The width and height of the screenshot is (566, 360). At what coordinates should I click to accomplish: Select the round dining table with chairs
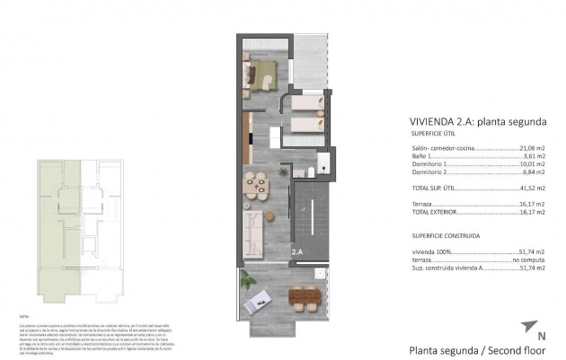pyautogui.click(x=256, y=185)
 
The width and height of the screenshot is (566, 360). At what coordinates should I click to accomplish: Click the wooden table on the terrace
pyautogui.click(x=301, y=296)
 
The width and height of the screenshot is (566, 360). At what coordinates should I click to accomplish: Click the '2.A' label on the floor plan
pyautogui.click(x=296, y=254)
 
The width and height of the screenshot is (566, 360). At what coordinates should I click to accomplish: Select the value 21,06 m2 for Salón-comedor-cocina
pyautogui.click(x=534, y=147)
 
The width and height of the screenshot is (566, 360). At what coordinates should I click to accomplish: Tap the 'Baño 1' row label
pyautogui.click(x=422, y=156)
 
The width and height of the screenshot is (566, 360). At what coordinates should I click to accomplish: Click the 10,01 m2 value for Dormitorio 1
pyautogui.click(x=534, y=165)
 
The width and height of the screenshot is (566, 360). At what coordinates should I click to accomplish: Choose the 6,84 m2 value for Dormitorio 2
pyautogui.click(x=535, y=173)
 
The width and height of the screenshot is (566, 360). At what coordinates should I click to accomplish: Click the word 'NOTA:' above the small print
pyautogui.click(x=24, y=317)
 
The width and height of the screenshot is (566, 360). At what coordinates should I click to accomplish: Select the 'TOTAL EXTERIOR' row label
pyautogui.click(x=433, y=213)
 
